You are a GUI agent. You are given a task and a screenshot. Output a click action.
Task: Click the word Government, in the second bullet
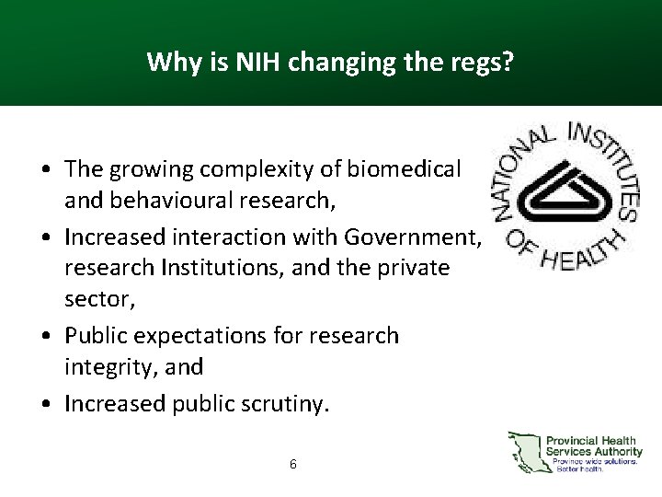413,237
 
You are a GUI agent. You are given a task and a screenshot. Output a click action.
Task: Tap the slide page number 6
292,464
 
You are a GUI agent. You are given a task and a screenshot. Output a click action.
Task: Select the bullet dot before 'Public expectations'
44,337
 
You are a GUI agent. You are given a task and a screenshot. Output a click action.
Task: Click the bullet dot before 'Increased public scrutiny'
44,404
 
